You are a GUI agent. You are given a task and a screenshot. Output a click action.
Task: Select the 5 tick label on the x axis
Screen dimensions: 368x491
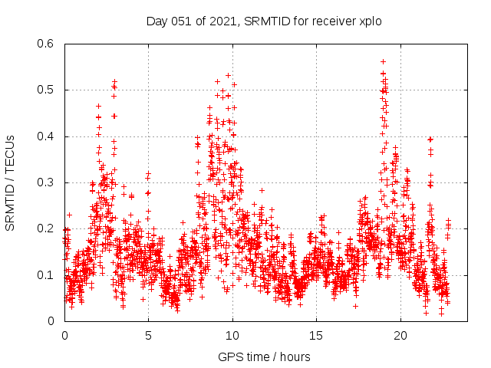[x=149, y=336]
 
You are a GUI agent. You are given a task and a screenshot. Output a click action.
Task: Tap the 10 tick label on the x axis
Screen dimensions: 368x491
[x=232, y=336]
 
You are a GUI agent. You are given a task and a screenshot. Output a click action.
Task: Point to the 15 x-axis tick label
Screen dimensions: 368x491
[x=317, y=336]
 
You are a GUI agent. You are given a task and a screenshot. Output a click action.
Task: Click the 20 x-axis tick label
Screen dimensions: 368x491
[x=400, y=336]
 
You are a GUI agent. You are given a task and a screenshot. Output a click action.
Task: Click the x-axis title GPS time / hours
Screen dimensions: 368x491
[x=264, y=356]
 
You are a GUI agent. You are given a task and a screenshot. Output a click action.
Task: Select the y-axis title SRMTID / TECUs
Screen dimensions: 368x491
[x=11, y=183]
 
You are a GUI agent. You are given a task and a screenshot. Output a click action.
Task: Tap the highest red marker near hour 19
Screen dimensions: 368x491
[x=383, y=61]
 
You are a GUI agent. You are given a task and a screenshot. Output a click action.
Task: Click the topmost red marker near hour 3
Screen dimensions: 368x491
[x=114, y=81]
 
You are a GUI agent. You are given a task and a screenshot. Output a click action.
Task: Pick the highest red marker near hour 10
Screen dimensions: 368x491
[x=228, y=75]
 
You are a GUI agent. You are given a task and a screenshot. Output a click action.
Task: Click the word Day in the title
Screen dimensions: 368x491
[x=157, y=21]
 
